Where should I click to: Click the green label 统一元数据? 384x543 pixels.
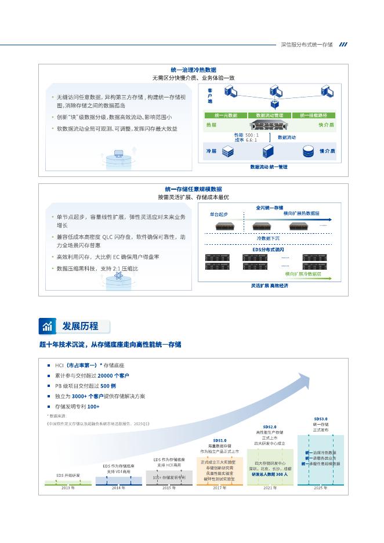[x=226, y=115]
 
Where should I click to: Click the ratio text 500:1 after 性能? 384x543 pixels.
[x=252, y=135]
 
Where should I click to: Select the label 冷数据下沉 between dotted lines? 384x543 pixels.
[x=268, y=238]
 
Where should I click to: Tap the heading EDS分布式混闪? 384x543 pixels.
[x=268, y=249]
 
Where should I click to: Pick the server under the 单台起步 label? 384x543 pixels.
[x=220, y=225]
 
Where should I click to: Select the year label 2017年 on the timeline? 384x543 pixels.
[x=219, y=488]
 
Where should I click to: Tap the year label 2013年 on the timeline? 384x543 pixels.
[x=68, y=488]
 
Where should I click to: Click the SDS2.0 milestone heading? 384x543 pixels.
[x=270, y=426]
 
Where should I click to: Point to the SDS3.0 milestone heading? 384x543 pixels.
[x=321, y=418]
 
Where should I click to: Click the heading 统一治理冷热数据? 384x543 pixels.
[x=193, y=69]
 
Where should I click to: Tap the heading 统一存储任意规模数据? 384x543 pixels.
[x=193, y=189]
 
